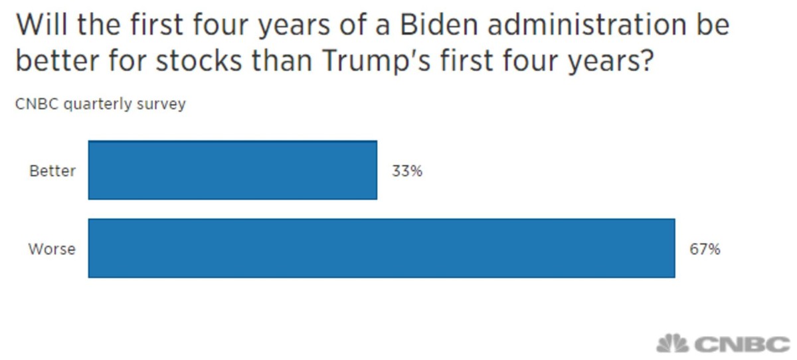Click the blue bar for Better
coord(232,170)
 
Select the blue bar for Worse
coord(381,248)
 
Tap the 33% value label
coord(407,171)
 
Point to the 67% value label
coord(705,250)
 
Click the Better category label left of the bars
coord(52,171)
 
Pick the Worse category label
coord(52,250)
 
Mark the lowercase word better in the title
coord(53,61)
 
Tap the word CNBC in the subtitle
coord(34,104)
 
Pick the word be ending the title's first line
coord(713,25)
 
